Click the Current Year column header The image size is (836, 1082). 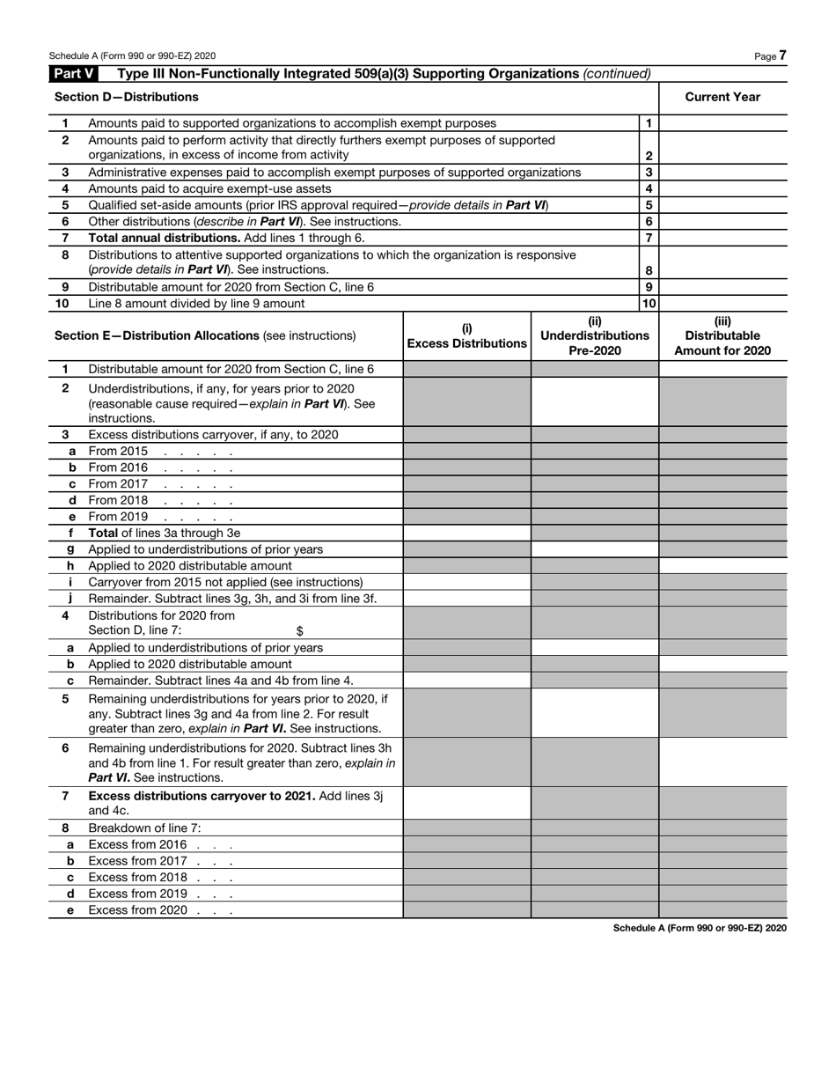click(722, 97)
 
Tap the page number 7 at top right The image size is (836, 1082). click(782, 55)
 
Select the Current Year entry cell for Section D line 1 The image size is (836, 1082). click(722, 124)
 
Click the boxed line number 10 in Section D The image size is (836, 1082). click(649, 304)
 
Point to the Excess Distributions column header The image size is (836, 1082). click(466, 336)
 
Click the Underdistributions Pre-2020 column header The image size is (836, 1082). click(595, 335)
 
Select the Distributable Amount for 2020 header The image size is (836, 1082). click(722, 335)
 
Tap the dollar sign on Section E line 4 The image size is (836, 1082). click(300, 630)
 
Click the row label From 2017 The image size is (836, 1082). click(118, 484)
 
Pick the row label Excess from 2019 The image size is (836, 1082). click(137, 894)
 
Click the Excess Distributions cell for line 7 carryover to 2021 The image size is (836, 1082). click(466, 803)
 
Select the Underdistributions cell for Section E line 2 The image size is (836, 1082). click(595, 402)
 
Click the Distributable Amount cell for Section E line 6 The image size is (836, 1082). click(722, 762)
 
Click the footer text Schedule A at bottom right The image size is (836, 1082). click(700, 928)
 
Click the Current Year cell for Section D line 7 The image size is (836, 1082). click(722, 238)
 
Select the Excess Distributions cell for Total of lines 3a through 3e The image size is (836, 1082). click(466, 533)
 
